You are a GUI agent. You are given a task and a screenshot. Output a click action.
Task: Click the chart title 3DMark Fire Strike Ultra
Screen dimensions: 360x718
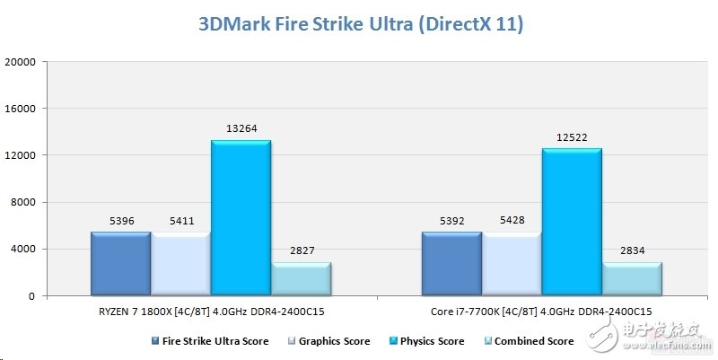pyautogui.click(x=359, y=24)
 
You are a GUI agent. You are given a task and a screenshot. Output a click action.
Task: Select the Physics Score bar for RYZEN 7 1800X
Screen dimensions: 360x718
pyautogui.click(x=241, y=217)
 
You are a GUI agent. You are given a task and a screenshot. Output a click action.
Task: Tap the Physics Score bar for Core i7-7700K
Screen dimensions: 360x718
pyautogui.click(x=572, y=222)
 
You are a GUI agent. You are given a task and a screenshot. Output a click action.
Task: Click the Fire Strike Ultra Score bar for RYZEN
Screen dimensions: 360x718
pyautogui.click(x=120, y=263)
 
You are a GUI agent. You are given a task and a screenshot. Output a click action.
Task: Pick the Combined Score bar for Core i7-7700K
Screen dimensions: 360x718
pyautogui.click(x=632, y=278)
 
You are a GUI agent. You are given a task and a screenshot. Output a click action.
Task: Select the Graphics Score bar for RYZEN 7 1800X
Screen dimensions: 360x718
pyautogui.click(x=180, y=263)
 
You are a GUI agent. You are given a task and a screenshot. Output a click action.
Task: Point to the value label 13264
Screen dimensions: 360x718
pyautogui.click(x=241, y=128)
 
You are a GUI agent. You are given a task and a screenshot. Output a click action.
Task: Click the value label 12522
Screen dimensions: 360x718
pyautogui.click(x=572, y=136)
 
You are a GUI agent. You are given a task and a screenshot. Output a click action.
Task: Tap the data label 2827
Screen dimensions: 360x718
pyautogui.click(x=301, y=250)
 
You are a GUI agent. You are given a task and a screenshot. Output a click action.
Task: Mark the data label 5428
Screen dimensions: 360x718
pyautogui.click(x=512, y=220)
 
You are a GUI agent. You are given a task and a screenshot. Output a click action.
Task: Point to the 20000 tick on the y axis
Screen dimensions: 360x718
pyautogui.click(x=21, y=62)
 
